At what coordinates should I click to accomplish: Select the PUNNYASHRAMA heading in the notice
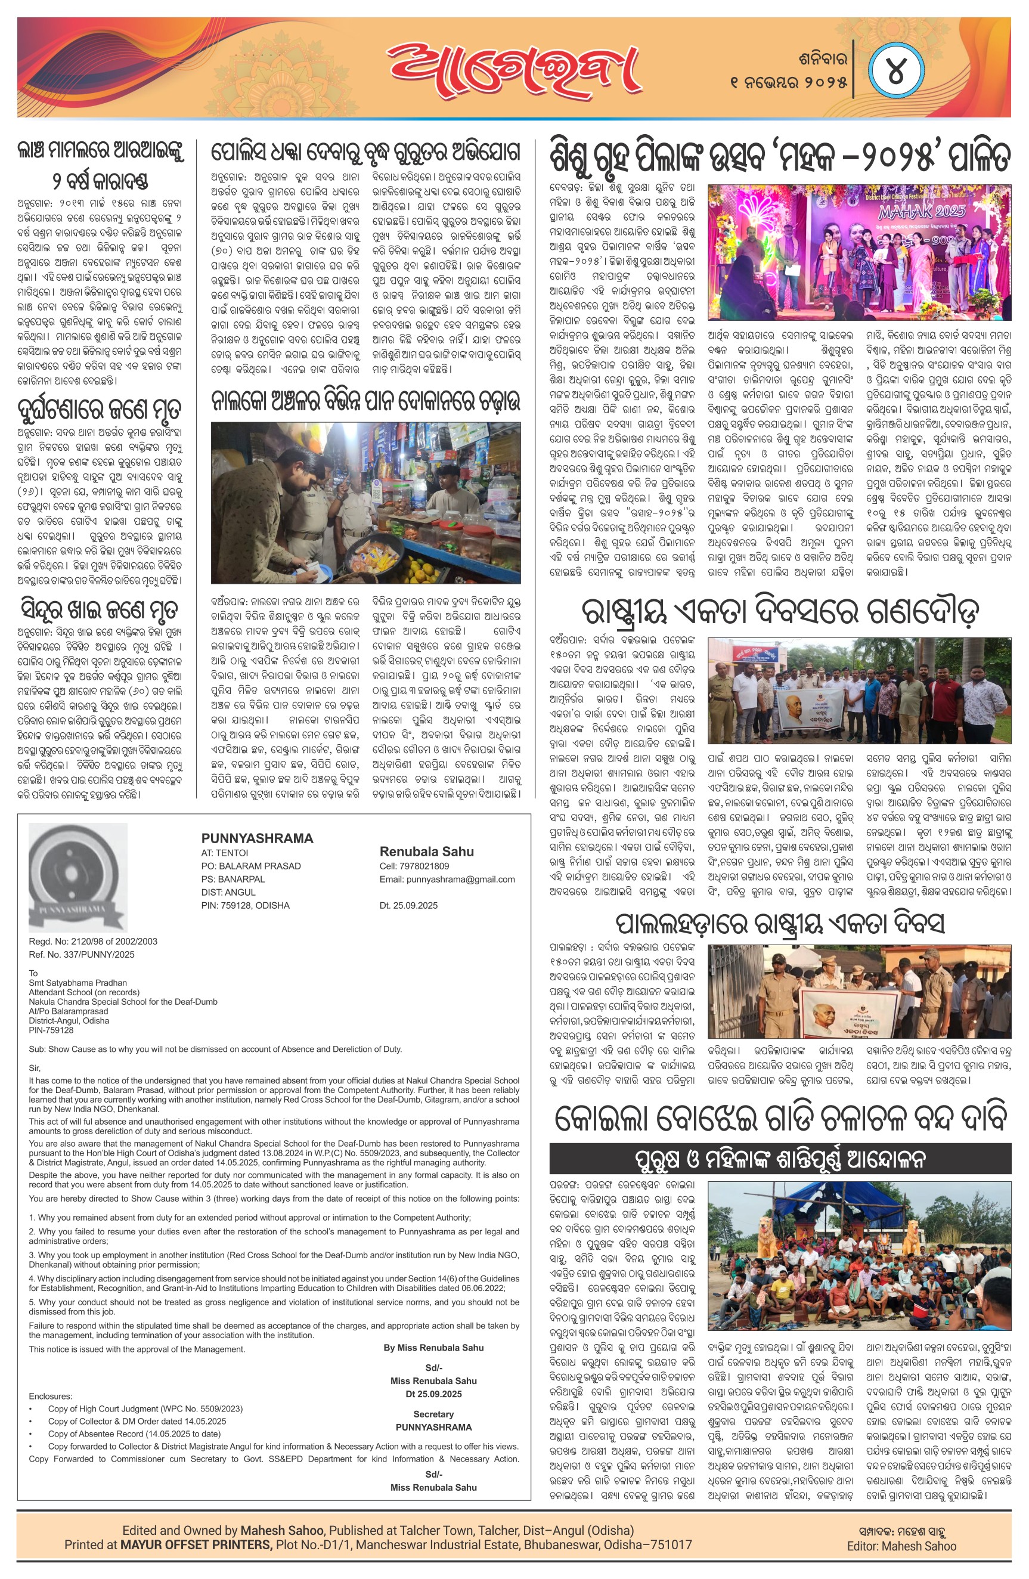(257, 838)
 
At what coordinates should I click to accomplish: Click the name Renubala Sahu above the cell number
(427, 851)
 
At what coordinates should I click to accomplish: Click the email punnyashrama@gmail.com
(447, 879)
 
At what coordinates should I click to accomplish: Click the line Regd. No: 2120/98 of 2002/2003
(93, 941)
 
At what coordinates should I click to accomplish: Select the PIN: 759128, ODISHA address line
(245, 905)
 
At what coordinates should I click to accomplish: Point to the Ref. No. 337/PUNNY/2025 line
(82, 954)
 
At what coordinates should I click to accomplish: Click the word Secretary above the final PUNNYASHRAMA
(433, 1414)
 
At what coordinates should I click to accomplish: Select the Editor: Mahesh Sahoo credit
(901, 1546)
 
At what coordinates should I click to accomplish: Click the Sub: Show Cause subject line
(215, 1049)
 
